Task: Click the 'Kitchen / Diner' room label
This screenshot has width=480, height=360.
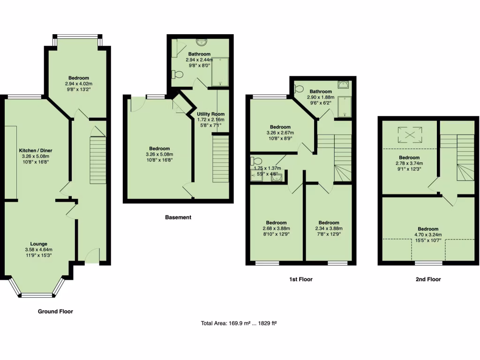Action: (x=34, y=150)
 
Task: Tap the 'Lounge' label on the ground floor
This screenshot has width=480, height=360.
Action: (x=38, y=244)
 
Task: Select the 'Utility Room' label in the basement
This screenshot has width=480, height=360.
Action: (x=210, y=114)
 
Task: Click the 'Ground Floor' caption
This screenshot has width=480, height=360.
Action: (x=55, y=311)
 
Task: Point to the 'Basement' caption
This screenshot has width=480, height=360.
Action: (x=178, y=217)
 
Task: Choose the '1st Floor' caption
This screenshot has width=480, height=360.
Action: (x=300, y=279)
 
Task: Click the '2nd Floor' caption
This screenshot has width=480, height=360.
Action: (x=428, y=279)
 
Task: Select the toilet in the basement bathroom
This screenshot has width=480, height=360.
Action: (x=177, y=75)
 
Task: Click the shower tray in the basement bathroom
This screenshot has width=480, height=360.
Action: (x=219, y=72)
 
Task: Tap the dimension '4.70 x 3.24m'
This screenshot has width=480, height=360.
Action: (x=428, y=235)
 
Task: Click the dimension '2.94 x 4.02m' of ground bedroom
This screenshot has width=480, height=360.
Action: (x=78, y=84)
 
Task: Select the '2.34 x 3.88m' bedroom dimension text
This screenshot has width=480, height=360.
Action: (x=329, y=229)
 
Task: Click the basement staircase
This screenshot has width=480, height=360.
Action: (x=220, y=157)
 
